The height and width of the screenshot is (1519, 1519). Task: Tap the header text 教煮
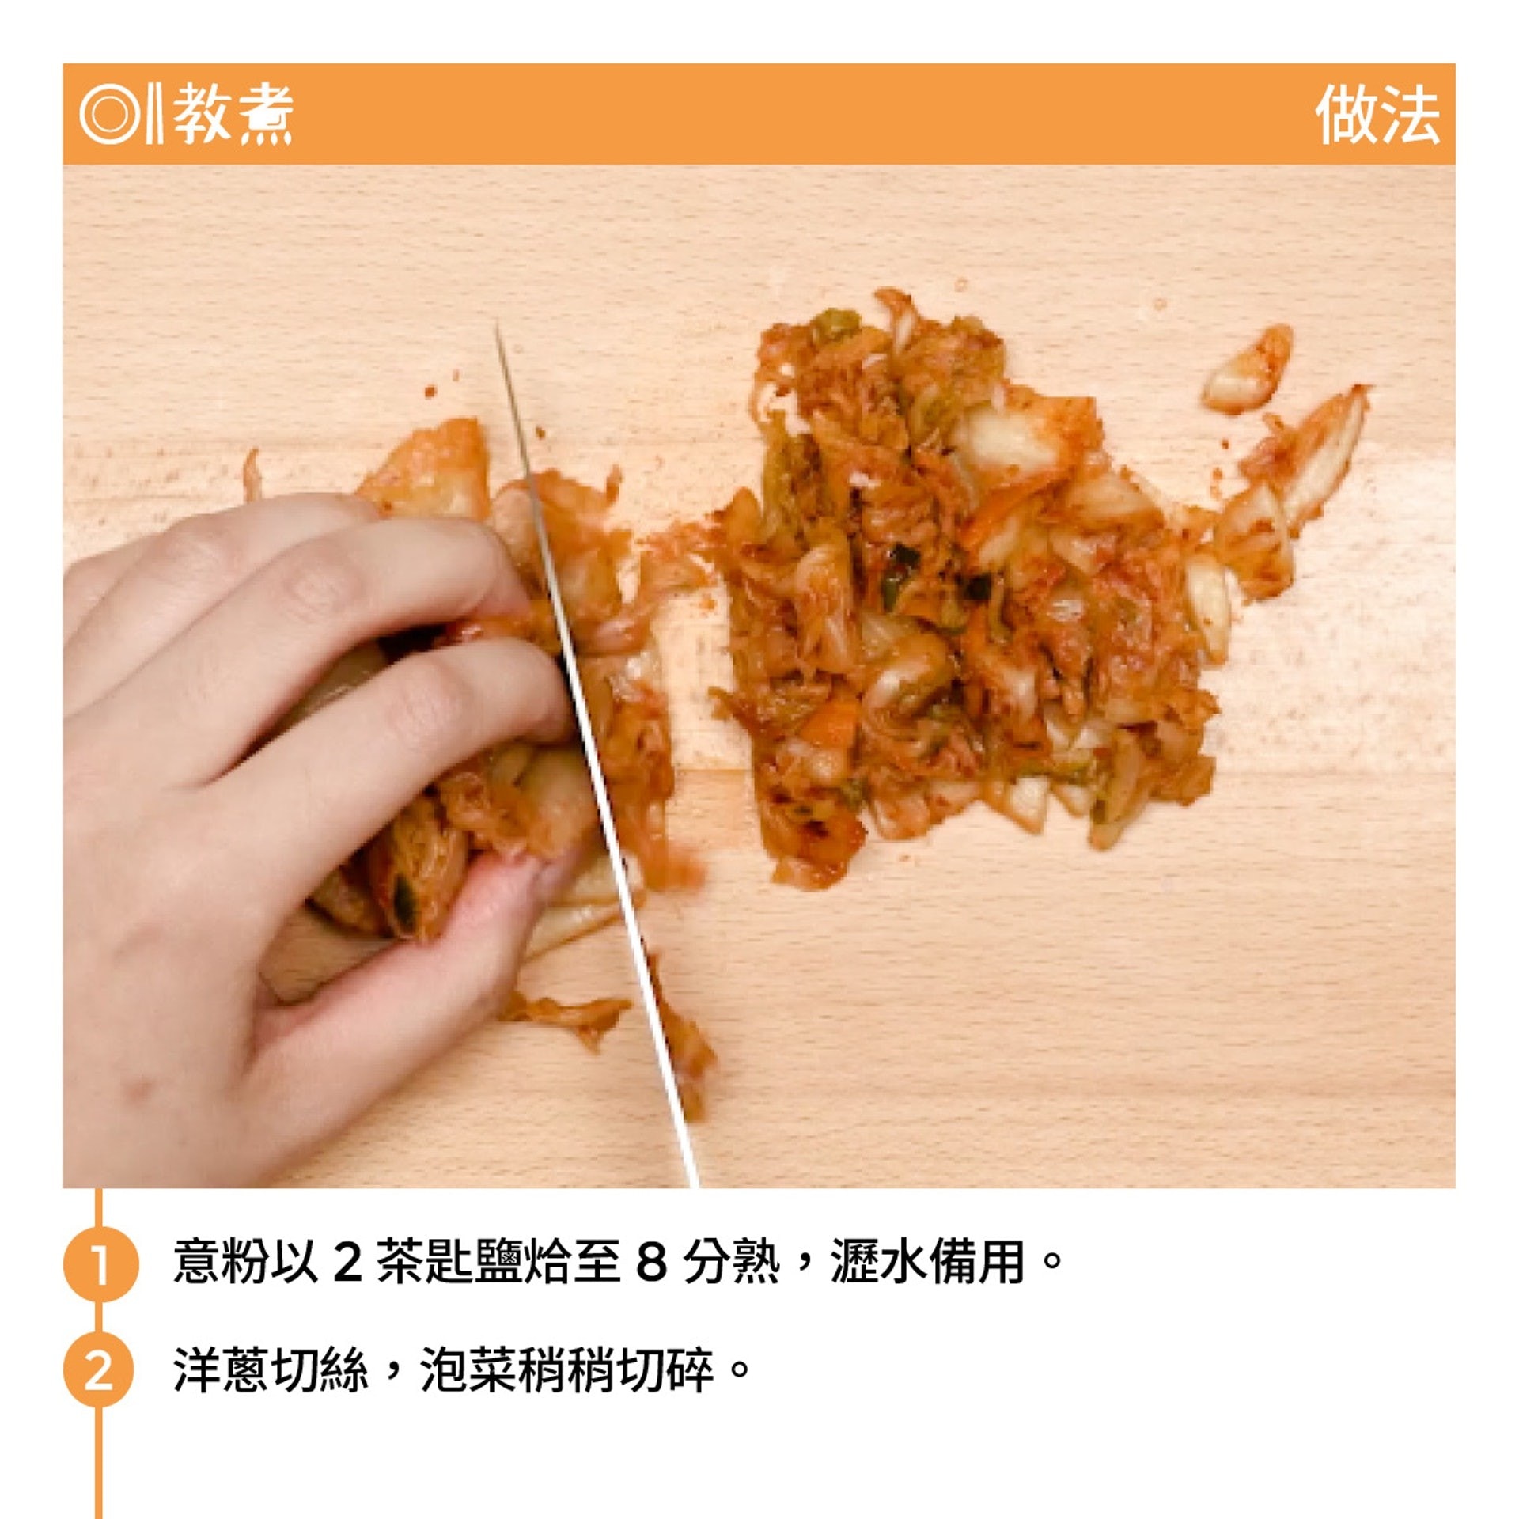[x=233, y=115]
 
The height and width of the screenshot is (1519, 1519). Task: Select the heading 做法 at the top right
[x=1377, y=115]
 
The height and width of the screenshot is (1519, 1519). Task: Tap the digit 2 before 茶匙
[x=347, y=1263]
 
